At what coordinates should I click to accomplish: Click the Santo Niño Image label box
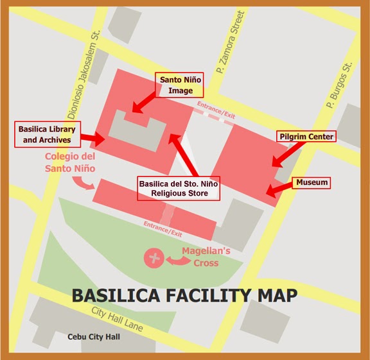point(181,84)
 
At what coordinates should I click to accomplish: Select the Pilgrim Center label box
point(306,137)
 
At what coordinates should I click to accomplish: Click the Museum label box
point(312,183)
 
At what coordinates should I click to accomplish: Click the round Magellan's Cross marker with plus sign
point(154,259)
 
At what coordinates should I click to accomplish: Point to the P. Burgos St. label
point(339,85)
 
